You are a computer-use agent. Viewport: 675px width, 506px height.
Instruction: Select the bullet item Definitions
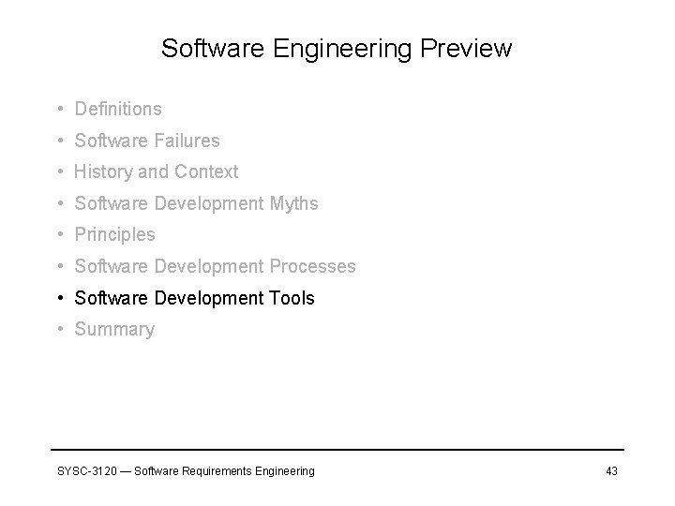point(118,110)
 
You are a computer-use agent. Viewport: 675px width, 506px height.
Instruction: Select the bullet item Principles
point(114,235)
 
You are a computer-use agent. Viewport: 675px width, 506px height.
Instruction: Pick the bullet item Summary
point(114,329)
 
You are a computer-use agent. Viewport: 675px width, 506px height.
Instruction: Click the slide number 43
point(611,470)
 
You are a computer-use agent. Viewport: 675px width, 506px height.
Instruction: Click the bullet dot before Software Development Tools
point(60,298)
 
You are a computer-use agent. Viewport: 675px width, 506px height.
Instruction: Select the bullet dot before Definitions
point(60,110)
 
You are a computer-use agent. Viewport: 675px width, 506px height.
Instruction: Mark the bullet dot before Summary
point(60,329)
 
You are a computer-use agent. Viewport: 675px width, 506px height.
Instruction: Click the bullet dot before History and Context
point(60,172)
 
